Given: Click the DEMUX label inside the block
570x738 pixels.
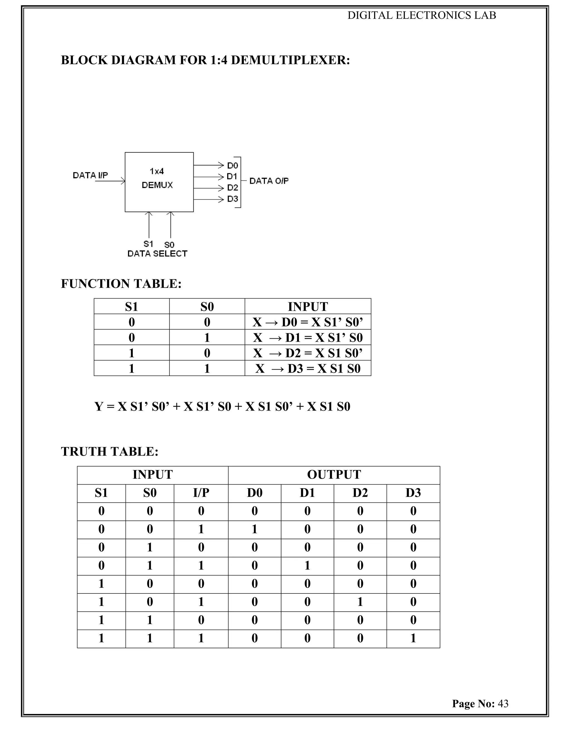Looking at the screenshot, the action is pos(157,185).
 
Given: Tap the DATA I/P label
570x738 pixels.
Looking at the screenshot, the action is pos(90,175).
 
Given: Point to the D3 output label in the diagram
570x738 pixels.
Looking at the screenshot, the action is pos(233,199).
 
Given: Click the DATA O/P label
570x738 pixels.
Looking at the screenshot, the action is pos(269,181).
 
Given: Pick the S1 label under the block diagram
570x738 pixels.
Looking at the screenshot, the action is pos(148,244).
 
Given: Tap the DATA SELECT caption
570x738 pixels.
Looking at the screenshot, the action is pos(157,254).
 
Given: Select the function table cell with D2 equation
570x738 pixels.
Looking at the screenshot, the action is pos(308,353).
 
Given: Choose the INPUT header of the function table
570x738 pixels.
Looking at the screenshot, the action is pos(308,307).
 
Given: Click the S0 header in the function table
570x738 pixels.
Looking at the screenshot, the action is pos(207,307).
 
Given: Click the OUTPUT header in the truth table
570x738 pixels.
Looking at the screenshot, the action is pos(334,475).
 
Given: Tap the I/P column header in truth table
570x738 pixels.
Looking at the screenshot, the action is pos(201,493).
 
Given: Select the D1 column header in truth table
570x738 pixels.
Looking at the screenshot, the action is pos(307,493).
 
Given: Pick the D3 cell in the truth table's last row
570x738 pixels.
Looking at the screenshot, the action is pos(413,638).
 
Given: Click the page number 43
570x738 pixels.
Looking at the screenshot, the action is pos(503,703).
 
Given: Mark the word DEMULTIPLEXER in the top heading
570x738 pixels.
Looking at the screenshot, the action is pos(290,60).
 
